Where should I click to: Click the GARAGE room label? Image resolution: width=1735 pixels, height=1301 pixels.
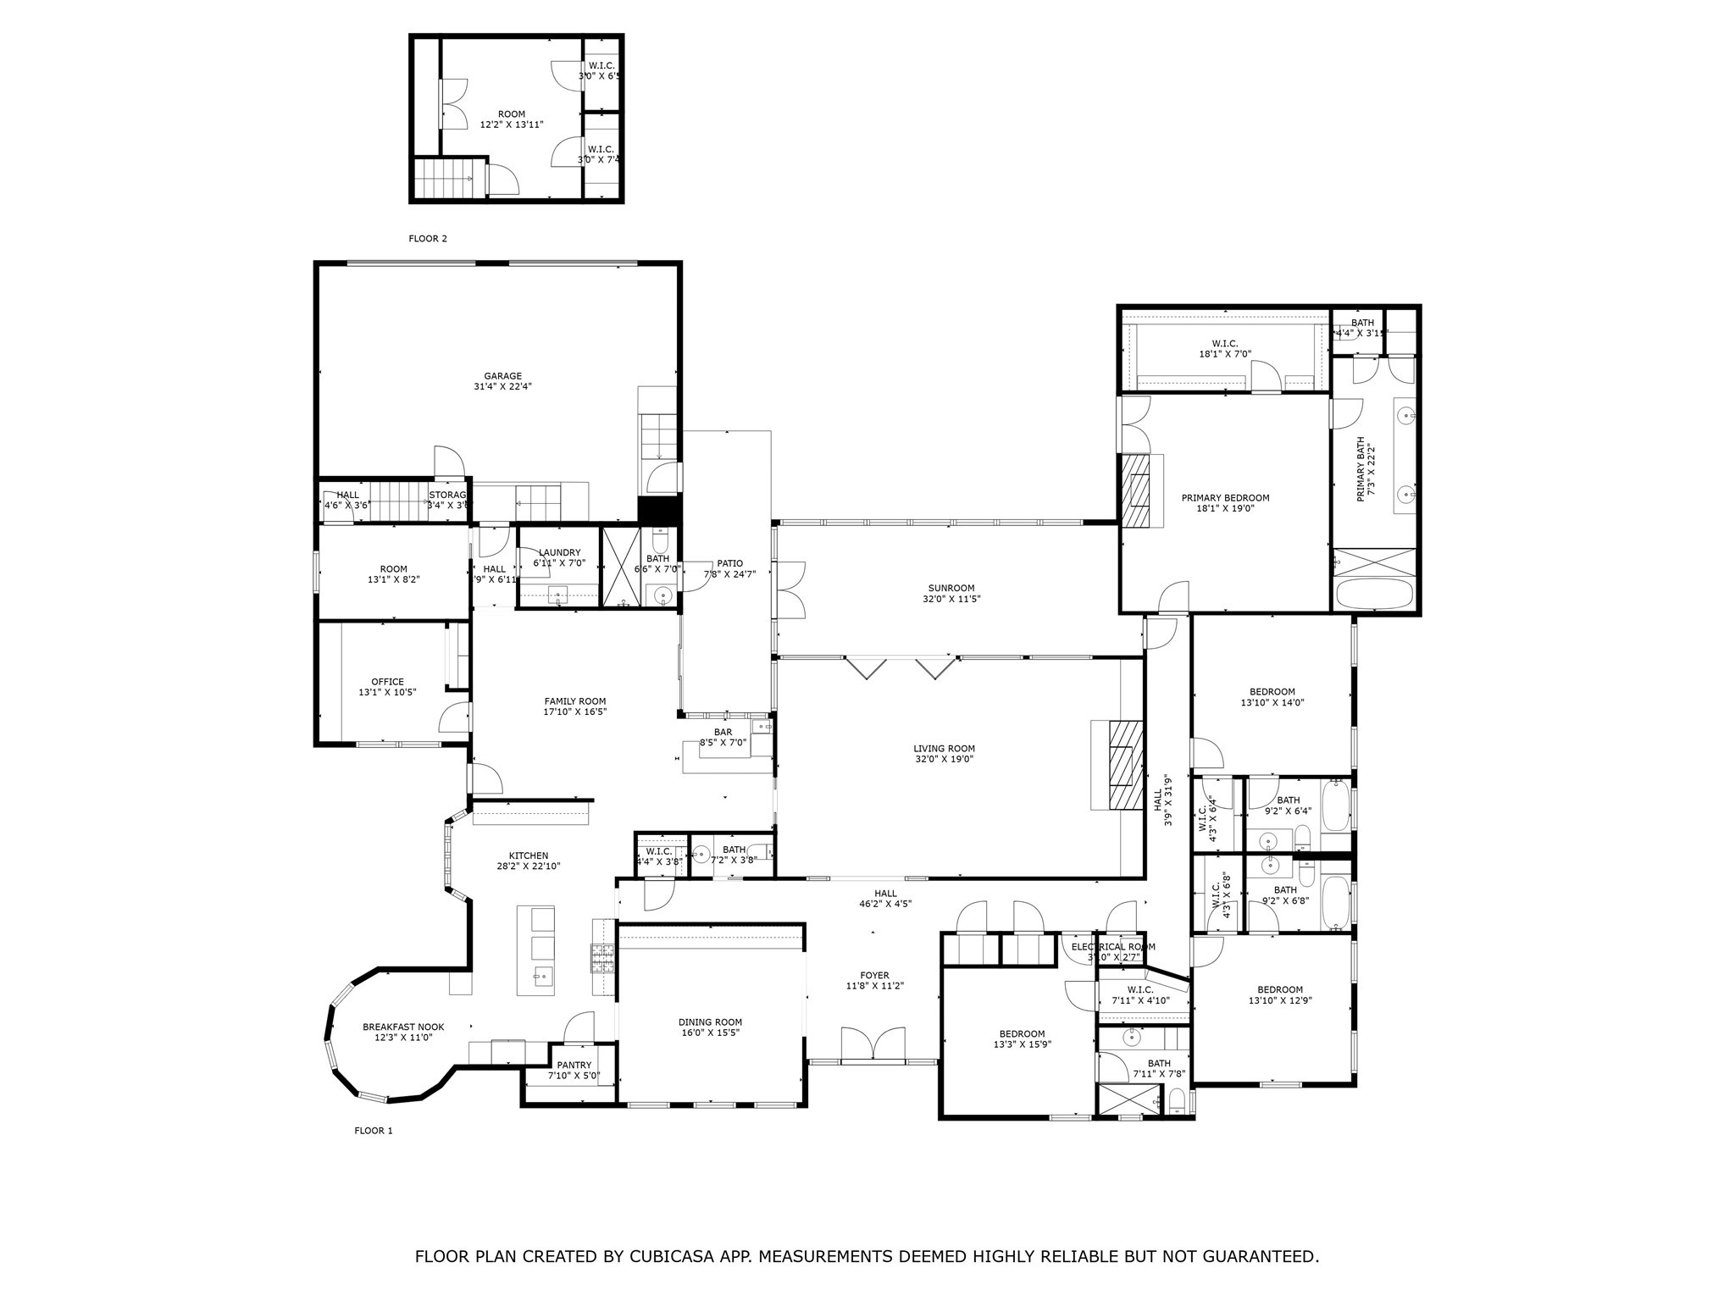point(502,376)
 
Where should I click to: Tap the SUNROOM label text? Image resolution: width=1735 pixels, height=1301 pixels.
point(951,588)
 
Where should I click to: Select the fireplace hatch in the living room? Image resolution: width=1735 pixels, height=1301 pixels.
point(1125,766)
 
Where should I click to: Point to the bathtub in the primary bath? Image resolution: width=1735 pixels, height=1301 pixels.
point(1374,593)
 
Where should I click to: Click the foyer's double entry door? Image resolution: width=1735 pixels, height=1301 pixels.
point(873,1044)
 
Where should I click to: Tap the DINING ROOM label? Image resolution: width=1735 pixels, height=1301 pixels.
point(710,1022)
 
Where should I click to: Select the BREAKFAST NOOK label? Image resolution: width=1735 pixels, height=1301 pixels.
point(403,1027)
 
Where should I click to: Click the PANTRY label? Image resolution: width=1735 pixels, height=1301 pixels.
point(574,1066)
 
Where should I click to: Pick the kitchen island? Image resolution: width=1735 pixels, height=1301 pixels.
point(536,950)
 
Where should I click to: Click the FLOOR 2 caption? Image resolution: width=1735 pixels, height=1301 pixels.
point(428,239)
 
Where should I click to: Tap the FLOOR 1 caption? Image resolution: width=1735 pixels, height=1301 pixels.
point(373,1131)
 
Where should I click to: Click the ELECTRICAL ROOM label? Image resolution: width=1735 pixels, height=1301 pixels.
point(1112,947)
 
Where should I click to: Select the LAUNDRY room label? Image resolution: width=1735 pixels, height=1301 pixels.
point(559,552)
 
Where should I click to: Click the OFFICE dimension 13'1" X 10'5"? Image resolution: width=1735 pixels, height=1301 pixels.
point(387,692)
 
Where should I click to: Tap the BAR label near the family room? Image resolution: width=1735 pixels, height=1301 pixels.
point(723,732)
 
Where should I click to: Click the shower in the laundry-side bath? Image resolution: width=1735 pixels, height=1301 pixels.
point(618,567)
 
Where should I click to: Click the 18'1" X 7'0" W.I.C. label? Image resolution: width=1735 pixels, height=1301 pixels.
point(1224,354)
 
